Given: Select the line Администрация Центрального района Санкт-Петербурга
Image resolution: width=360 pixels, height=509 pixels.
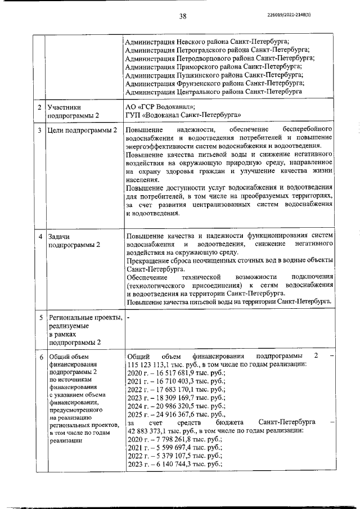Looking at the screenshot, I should tap(214, 91).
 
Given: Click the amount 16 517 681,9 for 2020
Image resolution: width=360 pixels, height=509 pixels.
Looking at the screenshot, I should tap(176, 372).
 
